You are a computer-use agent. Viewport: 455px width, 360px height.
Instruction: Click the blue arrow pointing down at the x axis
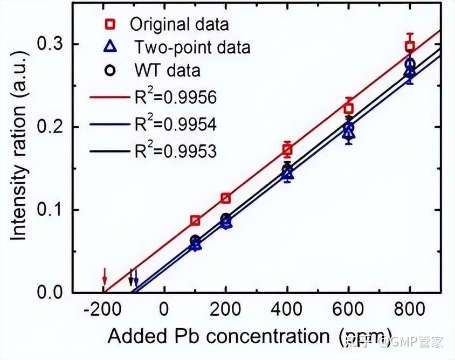click(x=136, y=279)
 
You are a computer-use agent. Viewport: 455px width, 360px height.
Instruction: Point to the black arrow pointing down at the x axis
click(x=130, y=279)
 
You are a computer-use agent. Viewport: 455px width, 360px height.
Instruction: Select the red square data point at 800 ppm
click(x=410, y=46)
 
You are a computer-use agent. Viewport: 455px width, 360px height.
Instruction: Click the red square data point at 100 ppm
click(x=195, y=220)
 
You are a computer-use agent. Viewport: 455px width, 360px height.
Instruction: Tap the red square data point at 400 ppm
click(x=287, y=150)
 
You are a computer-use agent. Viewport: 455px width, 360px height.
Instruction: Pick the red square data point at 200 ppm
click(x=226, y=198)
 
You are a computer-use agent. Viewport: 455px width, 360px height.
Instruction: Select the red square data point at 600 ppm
click(x=349, y=108)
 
